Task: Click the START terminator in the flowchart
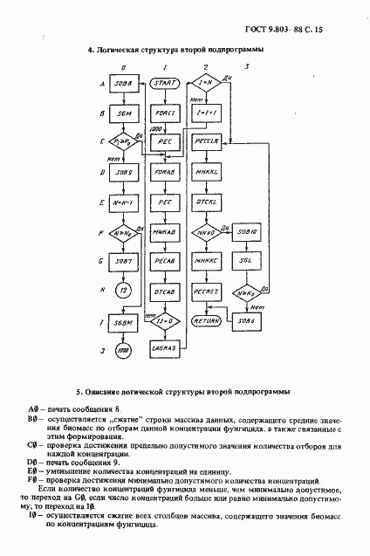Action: (164, 84)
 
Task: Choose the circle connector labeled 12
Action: (124, 290)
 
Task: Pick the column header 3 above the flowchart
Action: (248, 65)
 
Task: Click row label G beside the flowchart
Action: (104, 260)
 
